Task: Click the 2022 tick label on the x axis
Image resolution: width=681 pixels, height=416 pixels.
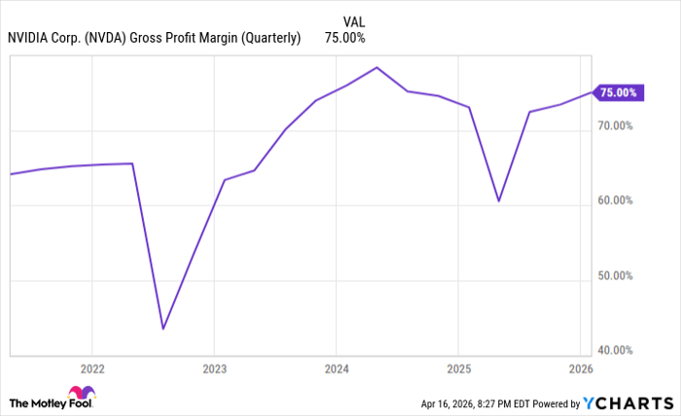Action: (92, 369)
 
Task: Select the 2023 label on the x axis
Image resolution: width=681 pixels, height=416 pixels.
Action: (214, 369)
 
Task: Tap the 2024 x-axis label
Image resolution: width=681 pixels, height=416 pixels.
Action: (336, 369)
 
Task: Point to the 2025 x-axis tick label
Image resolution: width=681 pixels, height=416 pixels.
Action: (458, 369)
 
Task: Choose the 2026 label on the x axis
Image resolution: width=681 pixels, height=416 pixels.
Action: (580, 369)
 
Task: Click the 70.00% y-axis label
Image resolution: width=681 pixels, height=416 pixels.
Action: (615, 126)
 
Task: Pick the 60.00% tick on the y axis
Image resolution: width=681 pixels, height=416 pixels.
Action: (615, 201)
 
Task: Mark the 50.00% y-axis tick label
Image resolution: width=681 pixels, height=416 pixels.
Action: (615, 276)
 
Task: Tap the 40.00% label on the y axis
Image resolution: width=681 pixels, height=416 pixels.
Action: (615, 350)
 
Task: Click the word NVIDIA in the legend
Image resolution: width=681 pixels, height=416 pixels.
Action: (30, 38)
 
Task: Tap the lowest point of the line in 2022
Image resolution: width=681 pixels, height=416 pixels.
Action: (162, 329)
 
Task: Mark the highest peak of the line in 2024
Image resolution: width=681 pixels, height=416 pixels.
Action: (376, 68)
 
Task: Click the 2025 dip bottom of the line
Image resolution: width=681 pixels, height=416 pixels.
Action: (498, 201)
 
